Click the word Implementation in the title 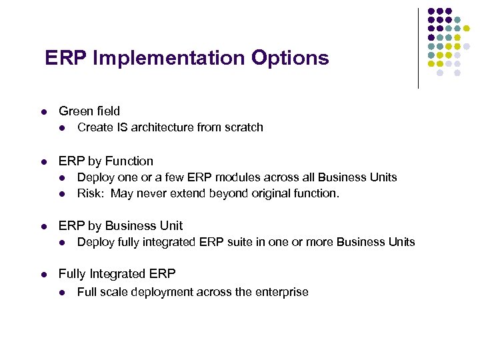pyautogui.click(x=170, y=58)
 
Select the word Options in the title pyautogui.click(x=290, y=58)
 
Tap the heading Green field pyautogui.click(x=89, y=111)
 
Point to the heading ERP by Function pyautogui.click(x=105, y=161)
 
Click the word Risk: pyautogui.click(x=91, y=194)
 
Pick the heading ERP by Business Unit pyautogui.click(x=120, y=226)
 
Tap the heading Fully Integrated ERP pyautogui.click(x=117, y=274)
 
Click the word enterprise pyautogui.click(x=282, y=292)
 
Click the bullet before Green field pyautogui.click(x=43, y=112)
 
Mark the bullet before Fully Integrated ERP pyautogui.click(x=43, y=275)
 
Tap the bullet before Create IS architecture pyautogui.click(x=62, y=128)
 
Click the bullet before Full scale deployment pyautogui.click(x=62, y=293)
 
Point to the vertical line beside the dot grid pyautogui.click(x=418, y=48)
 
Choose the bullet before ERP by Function pyautogui.click(x=43, y=162)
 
